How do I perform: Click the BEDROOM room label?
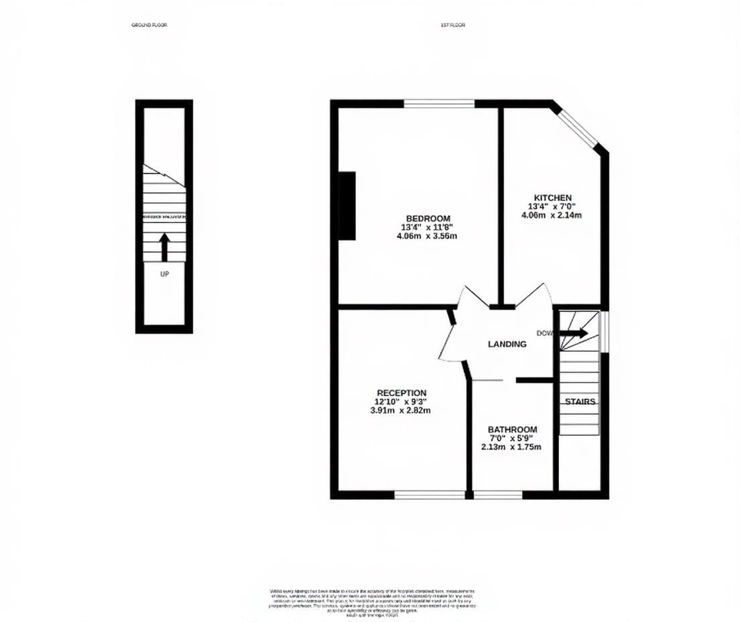[428, 219]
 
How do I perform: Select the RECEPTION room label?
[401, 393]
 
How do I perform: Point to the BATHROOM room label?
[512, 430]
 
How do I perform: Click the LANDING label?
[507, 344]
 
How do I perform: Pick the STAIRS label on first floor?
[579, 401]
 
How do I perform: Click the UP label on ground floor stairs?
[164, 274]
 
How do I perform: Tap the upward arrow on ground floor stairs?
[164, 247]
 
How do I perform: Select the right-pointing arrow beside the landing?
[574, 333]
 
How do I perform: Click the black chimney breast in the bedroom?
[347, 205]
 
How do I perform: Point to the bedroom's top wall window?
[439, 103]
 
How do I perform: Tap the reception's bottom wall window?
[429, 495]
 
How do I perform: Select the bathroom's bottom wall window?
[498, 495]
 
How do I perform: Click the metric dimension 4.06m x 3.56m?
[428, 236]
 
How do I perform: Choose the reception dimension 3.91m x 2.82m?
[401, 410]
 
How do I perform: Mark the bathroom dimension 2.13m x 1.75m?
[512, 447]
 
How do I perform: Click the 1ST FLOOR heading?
[452, 25]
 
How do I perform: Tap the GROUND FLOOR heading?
[149, 25]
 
